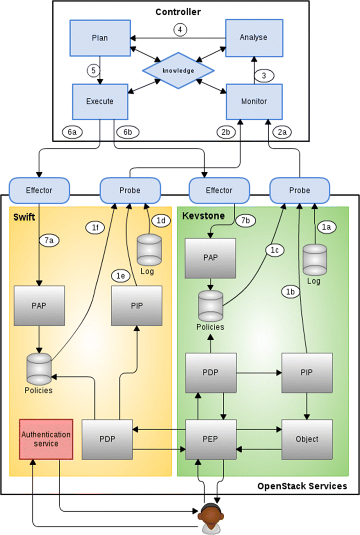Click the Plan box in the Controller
tap(100, 38)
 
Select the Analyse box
tap(253, 38)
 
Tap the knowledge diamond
tap(178, 71)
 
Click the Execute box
tap(100, 101)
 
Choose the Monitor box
tap(254, 101)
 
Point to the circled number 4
tap(181, 30)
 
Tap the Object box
tap(307, 439)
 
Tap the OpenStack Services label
tap(302, 486)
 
